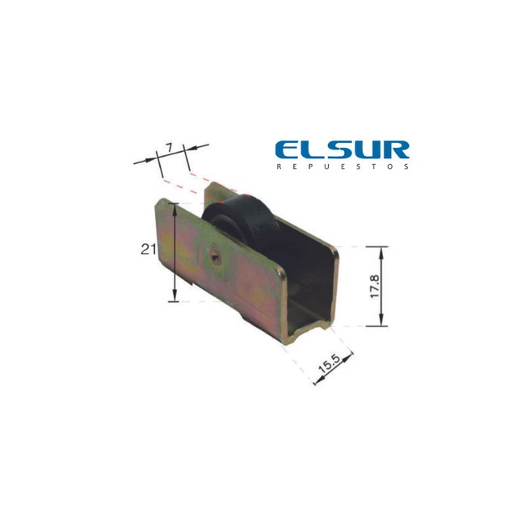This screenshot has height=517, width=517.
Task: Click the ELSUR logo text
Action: pyautogui.click(x=343, y=150)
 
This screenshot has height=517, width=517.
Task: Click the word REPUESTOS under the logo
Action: pyautogui.click(x=343, y=166)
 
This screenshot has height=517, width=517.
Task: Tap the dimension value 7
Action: pyautogui.click(x=169, y=148)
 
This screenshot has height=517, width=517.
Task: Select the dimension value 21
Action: pyautogui.click(x=149, y=250)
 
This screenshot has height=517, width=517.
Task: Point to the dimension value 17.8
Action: pyautogui.click(x=375, y=286)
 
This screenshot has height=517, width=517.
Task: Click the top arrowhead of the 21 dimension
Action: pyautogui.click(x=174, y=208)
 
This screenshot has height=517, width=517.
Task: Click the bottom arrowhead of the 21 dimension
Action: pyautogui.click(x=174, y=296)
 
